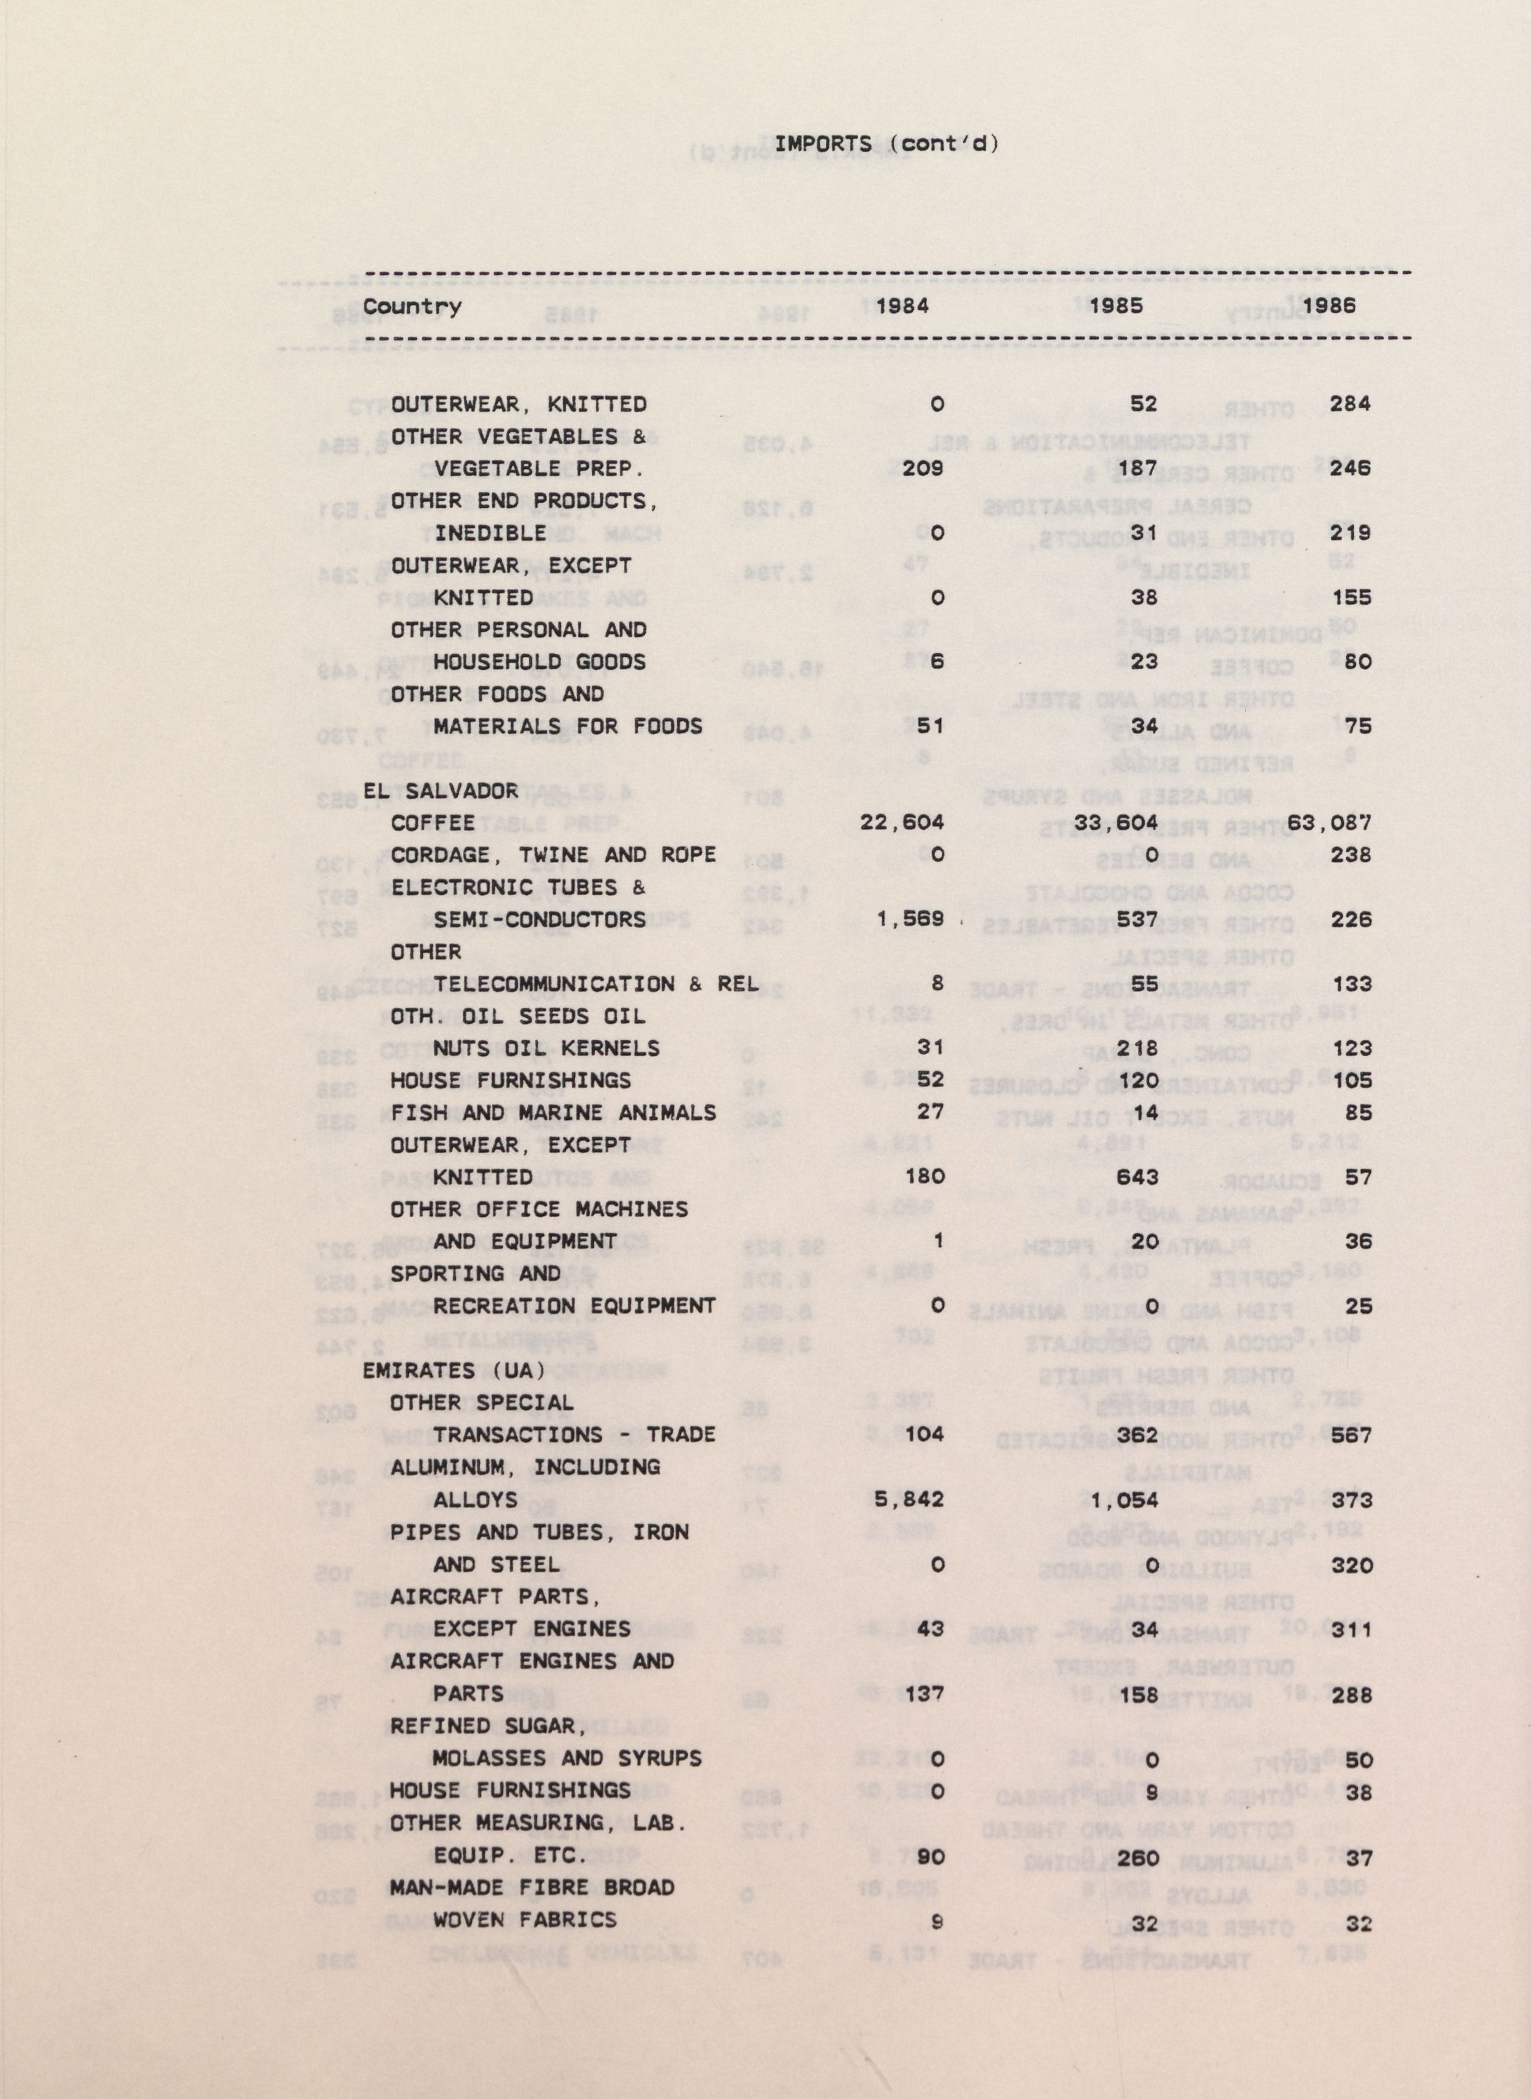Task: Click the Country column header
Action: tap(412, 307)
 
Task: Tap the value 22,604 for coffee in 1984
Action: tap(902, 823)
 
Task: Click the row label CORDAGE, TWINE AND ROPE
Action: tap(553, 855)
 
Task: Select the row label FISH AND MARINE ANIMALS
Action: tap(553, 1112)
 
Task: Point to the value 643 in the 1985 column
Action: tap(1137, 1177)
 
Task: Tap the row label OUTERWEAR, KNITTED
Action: tap(518, 404)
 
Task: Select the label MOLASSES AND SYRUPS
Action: tap(567, 1758)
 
